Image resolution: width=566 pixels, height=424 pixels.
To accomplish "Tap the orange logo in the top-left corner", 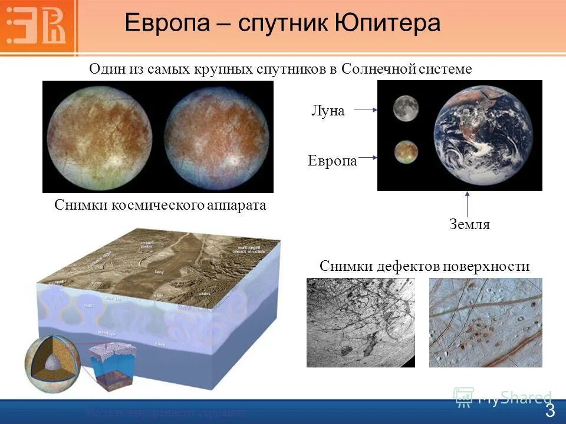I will [38, 24].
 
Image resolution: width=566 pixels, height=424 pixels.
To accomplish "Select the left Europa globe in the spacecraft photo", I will [99, 137].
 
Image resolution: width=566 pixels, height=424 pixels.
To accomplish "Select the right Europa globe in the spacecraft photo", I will [215, 137].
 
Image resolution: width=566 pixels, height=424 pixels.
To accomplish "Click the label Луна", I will [327, 111].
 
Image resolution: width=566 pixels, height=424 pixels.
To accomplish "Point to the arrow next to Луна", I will [365, 110].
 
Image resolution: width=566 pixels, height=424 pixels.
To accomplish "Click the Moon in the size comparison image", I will [406, 108].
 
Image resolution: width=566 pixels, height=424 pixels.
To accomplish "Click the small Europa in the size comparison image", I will [407, 152].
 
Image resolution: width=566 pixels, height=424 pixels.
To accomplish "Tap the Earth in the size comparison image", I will [482, 136].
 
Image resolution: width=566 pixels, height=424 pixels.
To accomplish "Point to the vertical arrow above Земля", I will [467, 204].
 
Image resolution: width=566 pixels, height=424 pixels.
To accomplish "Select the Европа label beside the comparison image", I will [332, 161].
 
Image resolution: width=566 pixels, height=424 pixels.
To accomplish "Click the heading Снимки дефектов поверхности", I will [424, 266].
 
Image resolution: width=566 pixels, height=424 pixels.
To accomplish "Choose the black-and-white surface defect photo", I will [360, 323].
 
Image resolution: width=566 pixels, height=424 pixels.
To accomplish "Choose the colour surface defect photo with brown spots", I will [485, 323].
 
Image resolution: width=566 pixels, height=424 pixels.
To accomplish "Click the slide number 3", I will [549, 410].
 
